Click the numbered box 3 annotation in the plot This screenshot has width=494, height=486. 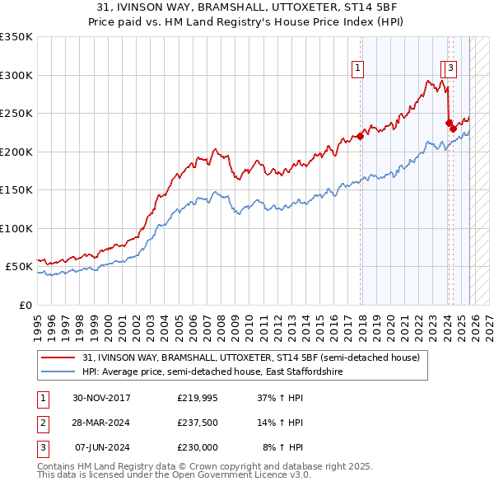(453, 68)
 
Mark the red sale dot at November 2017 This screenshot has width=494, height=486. (360, 137)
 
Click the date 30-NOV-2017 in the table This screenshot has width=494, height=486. (101, 398)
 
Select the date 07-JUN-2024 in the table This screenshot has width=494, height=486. (101, 447)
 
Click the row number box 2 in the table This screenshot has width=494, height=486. (41, 423)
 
